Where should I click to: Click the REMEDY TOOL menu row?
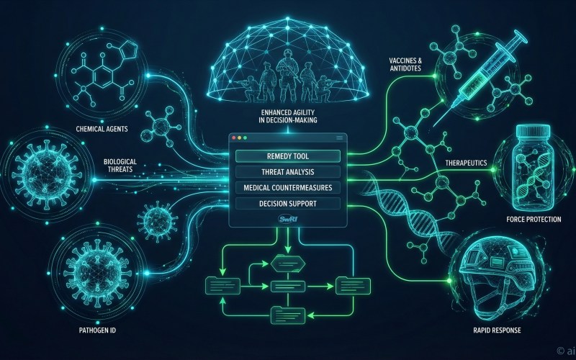pos(287,155)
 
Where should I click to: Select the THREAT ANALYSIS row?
pos(287,172)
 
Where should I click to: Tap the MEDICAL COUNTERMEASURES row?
pos(287,188)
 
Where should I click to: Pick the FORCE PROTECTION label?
pos(534,219)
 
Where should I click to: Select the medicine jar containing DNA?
pos(535,166)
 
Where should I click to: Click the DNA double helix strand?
pos(403,209)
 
